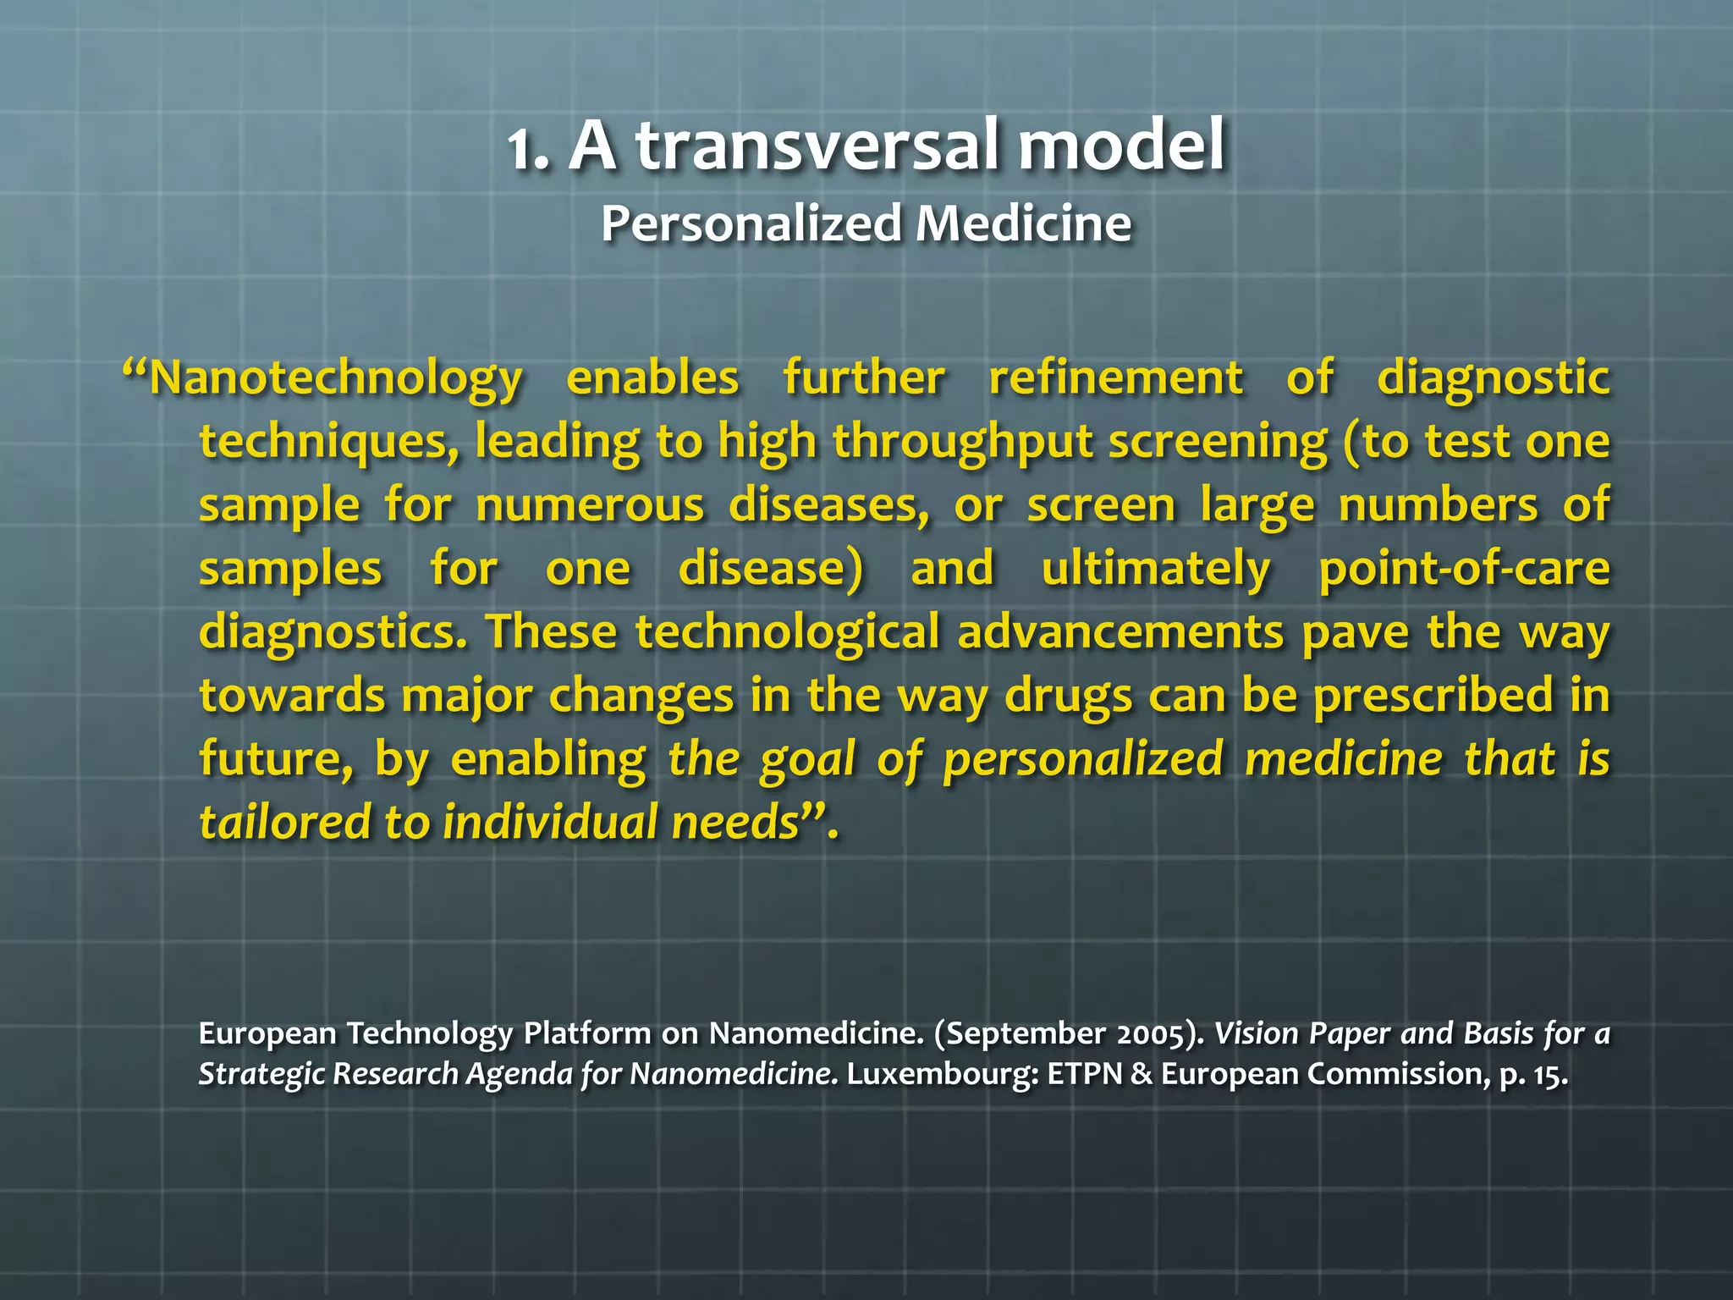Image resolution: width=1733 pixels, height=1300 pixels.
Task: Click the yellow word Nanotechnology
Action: coord(336,378)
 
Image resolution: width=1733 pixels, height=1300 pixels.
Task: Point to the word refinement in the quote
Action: coord(1116,377)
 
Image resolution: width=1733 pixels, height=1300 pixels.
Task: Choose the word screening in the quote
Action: coord(1218,442)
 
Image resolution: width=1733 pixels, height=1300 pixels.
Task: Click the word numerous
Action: coord(590,505)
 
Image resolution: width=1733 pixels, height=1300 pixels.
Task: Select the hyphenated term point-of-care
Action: coord(1464,568)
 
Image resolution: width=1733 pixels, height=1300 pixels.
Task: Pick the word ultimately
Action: coord(1156,568)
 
